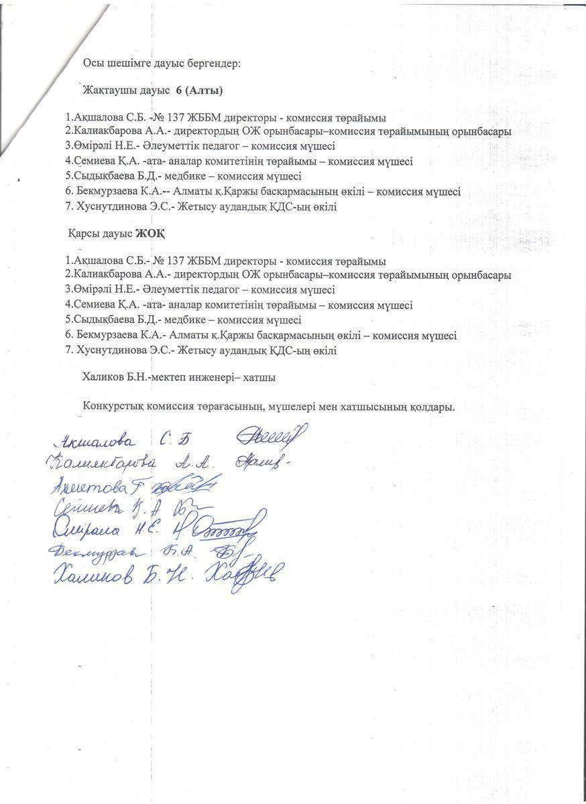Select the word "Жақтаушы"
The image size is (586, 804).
(x=108, y=90)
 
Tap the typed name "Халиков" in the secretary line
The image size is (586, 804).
(x=102, y=378)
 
